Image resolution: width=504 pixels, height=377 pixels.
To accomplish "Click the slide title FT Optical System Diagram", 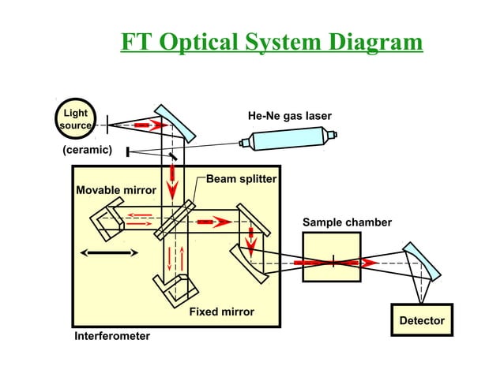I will (272, 41).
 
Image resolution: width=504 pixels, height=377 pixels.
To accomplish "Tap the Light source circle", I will (76, 119).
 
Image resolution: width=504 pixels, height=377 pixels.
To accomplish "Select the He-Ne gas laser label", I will (290, 117).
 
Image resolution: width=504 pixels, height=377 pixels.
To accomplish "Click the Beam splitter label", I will (241, 179).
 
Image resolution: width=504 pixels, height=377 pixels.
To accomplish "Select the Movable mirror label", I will (116, 190).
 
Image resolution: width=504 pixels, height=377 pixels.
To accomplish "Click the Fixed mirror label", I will (221, 312).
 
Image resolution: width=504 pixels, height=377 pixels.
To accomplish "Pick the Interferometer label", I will (111, 336).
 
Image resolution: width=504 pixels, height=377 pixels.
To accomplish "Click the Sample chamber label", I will (347, 222).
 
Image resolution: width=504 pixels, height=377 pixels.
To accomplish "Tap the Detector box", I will (422, 320).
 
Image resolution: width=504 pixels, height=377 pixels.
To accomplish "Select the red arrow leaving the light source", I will (150, 125).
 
